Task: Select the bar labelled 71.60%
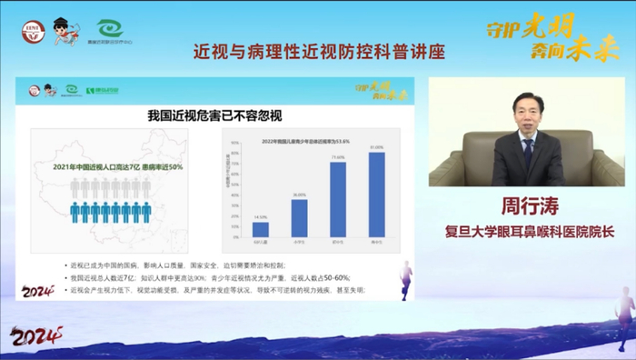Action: pyautogui.click(x=338, y=200)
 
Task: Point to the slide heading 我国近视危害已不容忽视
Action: pyautogui.click(x=218, y=115)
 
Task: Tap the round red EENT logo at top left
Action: pyautogui.click(x=30, y=33)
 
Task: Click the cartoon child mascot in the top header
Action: pyautogui.click(x=64, y=32)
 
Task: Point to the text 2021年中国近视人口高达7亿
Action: pyautogui.click(x=90, y=167)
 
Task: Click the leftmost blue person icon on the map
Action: pyautogui.click(x=74, y=213)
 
